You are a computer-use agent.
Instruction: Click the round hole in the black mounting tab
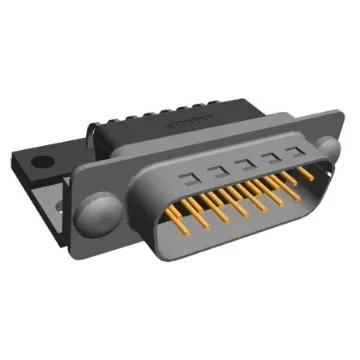click(x=42, y=158)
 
